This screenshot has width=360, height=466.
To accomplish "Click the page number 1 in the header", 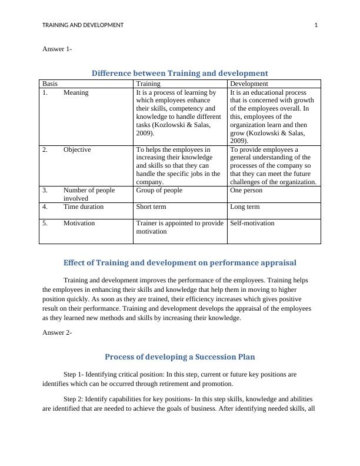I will pos(316,25).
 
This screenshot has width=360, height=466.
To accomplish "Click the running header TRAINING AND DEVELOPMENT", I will pos(83,25).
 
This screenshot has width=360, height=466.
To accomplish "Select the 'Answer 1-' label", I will pos(57,49).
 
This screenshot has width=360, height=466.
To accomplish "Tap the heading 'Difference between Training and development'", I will pos(179,73).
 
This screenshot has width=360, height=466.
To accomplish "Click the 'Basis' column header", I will pos(50,84).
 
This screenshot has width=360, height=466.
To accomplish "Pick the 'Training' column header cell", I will pos(148,84).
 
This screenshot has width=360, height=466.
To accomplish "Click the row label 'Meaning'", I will pos(76,92).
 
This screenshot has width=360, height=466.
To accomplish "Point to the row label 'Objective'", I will pos(77,149).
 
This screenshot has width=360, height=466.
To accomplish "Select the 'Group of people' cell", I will pos(159,191).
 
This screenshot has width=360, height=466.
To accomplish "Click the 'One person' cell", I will pos(246,191).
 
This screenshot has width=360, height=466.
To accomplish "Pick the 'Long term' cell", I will pos(245,207).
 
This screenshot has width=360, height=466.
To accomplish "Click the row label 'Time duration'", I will pos(84,207).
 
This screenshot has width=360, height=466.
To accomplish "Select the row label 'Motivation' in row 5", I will pos(79,224).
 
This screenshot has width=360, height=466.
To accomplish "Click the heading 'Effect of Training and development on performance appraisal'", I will pos(179,262).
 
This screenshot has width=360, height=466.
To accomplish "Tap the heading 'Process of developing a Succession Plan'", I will pos(179,357).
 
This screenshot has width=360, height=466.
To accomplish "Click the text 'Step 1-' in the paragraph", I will pos(74,374).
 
